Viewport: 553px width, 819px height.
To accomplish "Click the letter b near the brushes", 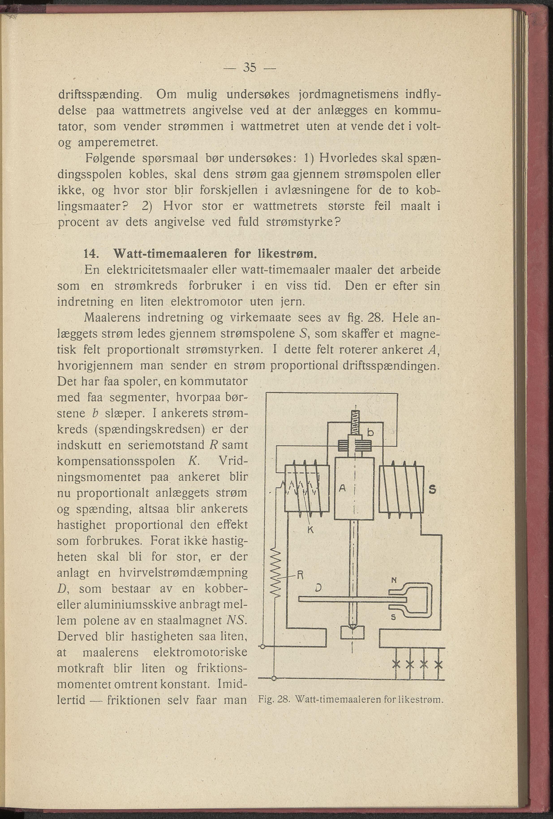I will point(370,433).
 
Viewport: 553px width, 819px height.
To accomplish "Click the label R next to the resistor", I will point(300,576).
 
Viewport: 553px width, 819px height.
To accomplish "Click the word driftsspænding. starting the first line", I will point(100,95).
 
